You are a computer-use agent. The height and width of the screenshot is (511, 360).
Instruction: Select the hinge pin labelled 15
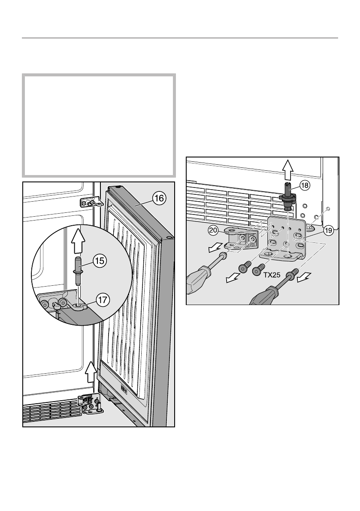79,271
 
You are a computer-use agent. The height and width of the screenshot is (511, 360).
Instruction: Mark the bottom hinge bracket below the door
91,405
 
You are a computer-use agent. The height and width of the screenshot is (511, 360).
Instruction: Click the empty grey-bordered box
99,124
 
